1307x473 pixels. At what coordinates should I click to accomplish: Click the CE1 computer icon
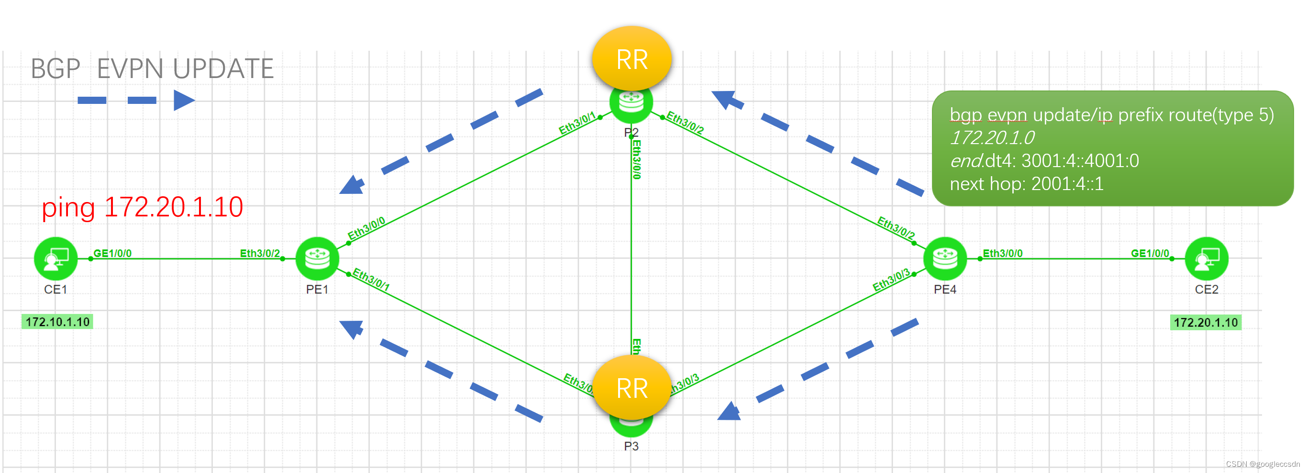tap(55, 259)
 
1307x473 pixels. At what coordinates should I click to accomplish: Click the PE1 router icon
tap(317, 259)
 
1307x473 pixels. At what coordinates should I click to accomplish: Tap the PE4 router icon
tap(945, 259)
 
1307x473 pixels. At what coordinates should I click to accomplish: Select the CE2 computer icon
tap(1206, 259)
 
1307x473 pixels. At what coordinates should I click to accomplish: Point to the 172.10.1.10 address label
tap(57, 322)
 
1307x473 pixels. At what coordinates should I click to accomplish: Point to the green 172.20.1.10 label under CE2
tap(1205, 322)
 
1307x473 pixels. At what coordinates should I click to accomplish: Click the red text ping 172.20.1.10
tap(142, 208)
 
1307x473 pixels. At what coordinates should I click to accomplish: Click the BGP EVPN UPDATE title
tap(152, 68)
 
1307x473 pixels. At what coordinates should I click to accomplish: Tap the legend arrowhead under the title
tap(183, 100)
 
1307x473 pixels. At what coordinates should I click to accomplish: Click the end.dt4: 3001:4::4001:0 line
tap(1044, 161)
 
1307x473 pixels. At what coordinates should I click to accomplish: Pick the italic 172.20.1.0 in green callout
tap(991, 137)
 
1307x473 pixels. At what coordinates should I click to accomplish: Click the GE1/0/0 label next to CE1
tap(112, 253)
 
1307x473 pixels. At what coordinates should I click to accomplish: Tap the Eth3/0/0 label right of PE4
tap(1002, 253)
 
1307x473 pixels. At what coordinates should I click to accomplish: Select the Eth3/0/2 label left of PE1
tap(259, 253)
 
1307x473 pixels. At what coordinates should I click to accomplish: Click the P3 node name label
tap(631, 446)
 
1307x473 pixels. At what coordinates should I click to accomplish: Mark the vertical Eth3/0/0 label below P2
tap(636, 159)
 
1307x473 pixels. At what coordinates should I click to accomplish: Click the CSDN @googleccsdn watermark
tap(1263, 464)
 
